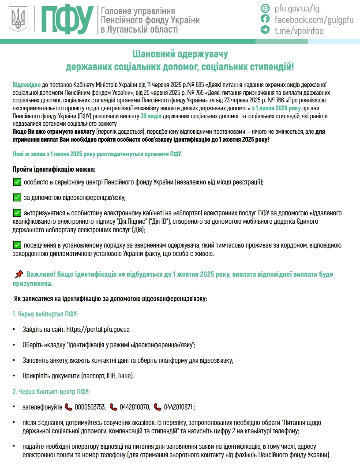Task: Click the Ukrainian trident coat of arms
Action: pyautogui.click(x=19, y=19)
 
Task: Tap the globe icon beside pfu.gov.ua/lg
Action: pyautogui.click(x=265, y=8)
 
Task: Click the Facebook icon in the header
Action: pyautogui.click(x=265, y=19)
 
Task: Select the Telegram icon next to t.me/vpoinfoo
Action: pyautogui.click(x=265, y=30)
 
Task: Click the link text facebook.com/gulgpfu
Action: pyautogui.click(x=314, y=19)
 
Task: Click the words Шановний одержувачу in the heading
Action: pyautogui.click(x=180, y=54)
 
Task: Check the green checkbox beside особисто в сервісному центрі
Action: pyautogui.click(x=17, y=182)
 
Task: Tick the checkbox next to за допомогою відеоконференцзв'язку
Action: pyautogui.click(x=17, y=197)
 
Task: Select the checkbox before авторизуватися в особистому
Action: pyautogui.click(x=17, y=213)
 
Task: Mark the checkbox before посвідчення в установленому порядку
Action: pyautogui.click(x=17, y=245)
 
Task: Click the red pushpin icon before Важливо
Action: pyautogui.click(x=19, y=274)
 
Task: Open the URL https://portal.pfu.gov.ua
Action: pyautogui.click(x=97, y=329)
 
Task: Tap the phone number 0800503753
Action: pyautogui.click(x=90, y=407)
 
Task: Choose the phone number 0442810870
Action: pyautogui.click(x=135, y=407)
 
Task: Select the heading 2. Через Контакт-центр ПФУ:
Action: pyautogui.click(x=51, y=391)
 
